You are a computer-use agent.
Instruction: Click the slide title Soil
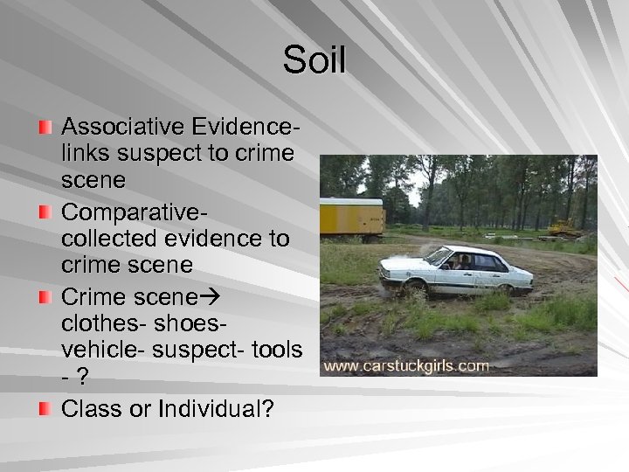coord(314,61)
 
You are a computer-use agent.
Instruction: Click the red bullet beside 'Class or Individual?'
coord(45,407)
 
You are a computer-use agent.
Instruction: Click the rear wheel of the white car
coord(506,289)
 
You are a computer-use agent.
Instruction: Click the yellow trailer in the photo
coord(352,219)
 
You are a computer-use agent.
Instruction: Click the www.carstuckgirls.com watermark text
coord(406,365)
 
